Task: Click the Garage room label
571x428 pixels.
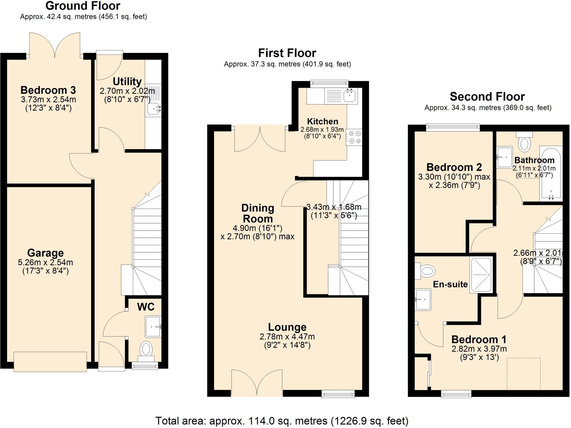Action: click(x=45, y=253)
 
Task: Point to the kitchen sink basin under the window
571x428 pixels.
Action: click(x=350, y=95)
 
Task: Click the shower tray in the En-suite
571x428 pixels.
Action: click(x=481, y=275)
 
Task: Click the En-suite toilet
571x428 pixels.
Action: click(x=426, y=271)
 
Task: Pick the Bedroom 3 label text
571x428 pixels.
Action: click(x=48, y=90)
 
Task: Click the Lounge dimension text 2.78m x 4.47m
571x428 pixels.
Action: click(x=287, y=337)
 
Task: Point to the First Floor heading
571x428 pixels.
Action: click(x=287, y=53)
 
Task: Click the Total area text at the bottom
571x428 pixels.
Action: click(x=282, y=420)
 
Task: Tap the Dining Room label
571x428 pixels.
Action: click(x=258, y=213)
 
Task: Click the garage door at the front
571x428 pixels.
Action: click(x=50, y=362)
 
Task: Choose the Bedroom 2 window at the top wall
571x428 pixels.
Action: click(x=453, y=128)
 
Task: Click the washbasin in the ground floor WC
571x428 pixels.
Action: click(x=153, y=326)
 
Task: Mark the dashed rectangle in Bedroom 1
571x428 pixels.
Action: click(x=524, y=374)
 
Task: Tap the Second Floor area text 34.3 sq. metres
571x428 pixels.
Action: click(x=488, y=108)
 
